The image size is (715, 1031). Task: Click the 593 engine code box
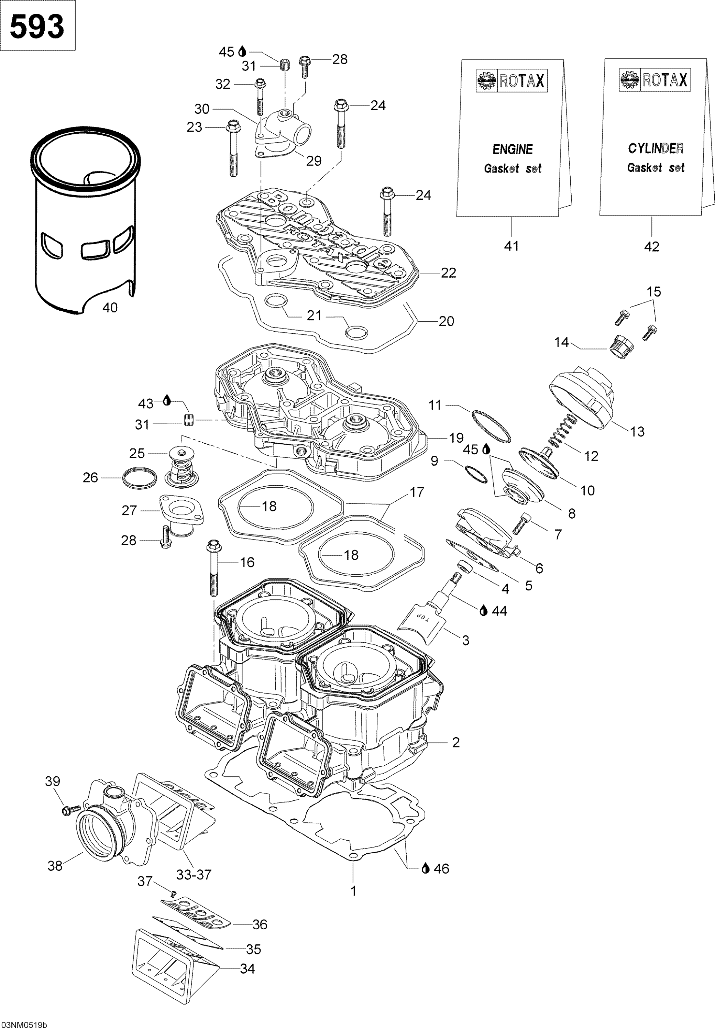click(37, 26)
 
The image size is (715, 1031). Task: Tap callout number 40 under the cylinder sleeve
click(110, 308)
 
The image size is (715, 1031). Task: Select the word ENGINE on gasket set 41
click(513, 149)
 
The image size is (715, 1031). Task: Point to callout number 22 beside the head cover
click(449, 273)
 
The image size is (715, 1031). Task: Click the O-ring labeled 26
click(139, 478)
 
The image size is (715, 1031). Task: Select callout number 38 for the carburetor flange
click(55, 866)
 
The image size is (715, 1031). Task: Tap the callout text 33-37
click(193, 874)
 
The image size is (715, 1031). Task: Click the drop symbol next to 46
click(425, 868)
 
